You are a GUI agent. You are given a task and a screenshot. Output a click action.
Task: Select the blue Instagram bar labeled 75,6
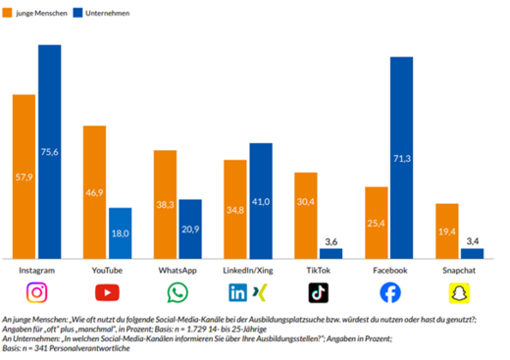49,152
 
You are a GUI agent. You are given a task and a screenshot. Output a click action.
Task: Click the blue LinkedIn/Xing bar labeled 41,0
260,201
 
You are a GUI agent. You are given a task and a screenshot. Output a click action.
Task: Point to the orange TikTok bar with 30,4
306,216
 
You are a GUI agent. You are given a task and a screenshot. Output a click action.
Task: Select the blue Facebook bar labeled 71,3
401,158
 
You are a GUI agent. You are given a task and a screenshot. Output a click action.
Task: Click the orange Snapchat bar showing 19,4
446,231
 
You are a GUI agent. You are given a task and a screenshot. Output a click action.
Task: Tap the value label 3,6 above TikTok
331,241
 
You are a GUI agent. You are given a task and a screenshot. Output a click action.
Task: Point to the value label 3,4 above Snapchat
471,241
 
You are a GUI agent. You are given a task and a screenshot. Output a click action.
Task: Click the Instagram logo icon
36,292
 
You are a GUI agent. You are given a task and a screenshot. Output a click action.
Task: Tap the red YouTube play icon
107,292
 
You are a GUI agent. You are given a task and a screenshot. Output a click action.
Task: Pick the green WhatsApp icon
178,292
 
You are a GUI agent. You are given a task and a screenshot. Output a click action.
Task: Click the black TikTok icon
319,292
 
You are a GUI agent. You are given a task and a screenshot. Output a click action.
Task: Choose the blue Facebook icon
389,292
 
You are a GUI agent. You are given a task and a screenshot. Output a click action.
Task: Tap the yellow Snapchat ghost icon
459,292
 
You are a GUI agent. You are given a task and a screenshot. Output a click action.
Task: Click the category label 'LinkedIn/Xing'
247,269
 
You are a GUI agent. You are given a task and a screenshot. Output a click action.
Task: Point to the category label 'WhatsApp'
178,269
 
